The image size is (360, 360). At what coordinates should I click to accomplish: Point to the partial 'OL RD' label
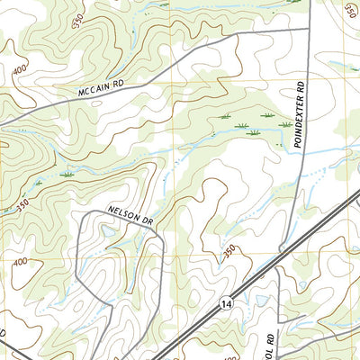pyautogui.click(x=267, y=343)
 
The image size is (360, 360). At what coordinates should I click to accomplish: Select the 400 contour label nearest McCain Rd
pyautogui.click(x=19, y=70)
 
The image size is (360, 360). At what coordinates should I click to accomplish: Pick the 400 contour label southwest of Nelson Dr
pyautogui.click(x=19, y=262)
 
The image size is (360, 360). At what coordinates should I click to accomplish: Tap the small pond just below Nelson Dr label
pyautogui.click(x=109, y=231)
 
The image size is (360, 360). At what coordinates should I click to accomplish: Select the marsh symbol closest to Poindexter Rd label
pyautogui.click(x=284, y=124)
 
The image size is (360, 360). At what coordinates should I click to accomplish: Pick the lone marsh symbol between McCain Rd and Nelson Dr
pyautogui.click(x=66, y=173)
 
